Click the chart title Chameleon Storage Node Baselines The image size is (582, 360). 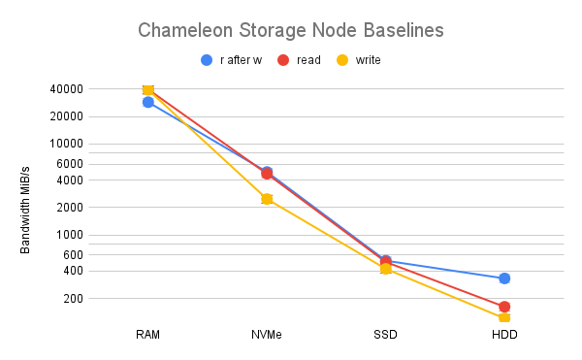click(290, 30)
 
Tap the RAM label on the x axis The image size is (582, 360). click(148, 335)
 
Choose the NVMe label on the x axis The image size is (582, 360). click(267, 335)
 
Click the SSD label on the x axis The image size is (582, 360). click(385, 335)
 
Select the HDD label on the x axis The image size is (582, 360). click(504, 335)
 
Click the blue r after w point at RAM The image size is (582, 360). click(148, 102)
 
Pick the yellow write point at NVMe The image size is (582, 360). click(267, 199)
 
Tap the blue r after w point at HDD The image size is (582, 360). click(504, 278)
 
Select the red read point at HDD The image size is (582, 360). click(504, 307)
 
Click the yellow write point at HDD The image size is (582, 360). click(504, 317)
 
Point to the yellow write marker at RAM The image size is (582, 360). click(148, 90)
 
